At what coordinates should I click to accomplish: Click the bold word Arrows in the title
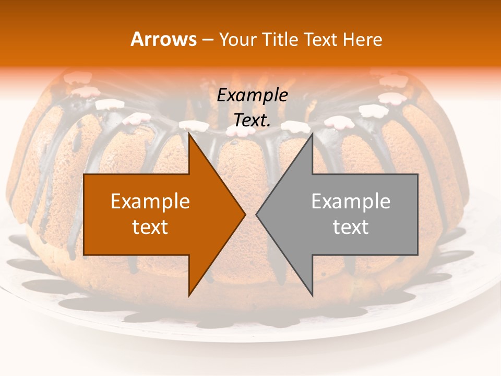pyautogui.click(x=163, y=39)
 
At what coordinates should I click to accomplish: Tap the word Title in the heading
pyautogui.click(x=280, y=39)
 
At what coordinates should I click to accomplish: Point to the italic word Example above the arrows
pyautogui.click(x=252, y=96)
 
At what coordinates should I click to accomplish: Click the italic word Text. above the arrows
pyautogui.click(x=252, y=121)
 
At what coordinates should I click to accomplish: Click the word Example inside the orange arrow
pyautogui.click(x=150, y=201)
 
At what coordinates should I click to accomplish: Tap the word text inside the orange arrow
pyautogui.click(x=150, y=227)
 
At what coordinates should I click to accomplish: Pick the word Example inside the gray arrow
pyautogui.click(x=351, y=201)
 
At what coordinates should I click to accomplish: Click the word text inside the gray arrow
pyautogui.click(x=351, y=227)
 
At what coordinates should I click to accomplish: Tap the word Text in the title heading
pyautogui.click(x=321, y=39)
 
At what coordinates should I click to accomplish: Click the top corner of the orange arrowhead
pyautogui.click(x=189, y=134)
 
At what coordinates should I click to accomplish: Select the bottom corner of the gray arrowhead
pyautogui.click(x=312, y=295)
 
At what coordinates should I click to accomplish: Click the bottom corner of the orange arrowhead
pyautogui.click(x=189, y=295)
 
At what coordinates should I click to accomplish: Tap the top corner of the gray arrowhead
pyautogui.click(x=312, y=134)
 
